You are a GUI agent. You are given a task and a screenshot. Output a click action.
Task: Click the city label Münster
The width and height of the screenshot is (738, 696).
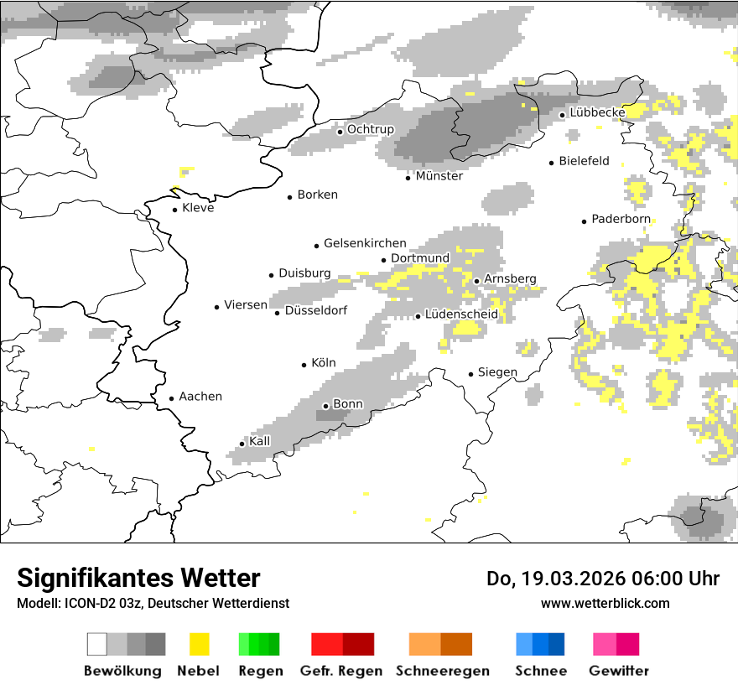439,176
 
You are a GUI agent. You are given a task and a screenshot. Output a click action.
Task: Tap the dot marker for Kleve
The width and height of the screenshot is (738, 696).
174,210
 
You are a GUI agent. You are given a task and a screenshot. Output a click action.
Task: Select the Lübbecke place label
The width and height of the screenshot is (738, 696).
597,112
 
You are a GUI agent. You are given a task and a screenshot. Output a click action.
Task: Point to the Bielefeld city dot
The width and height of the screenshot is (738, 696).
551,163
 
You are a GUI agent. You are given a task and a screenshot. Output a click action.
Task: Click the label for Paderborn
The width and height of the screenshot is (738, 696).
621,219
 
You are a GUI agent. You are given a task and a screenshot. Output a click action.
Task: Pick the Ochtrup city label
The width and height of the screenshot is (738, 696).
370,129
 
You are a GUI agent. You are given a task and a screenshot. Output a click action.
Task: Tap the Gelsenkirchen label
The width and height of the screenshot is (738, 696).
365,243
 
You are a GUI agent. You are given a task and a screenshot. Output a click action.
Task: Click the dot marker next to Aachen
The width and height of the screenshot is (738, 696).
171,399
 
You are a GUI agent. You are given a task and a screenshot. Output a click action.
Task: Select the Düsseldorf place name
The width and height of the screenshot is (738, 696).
316,310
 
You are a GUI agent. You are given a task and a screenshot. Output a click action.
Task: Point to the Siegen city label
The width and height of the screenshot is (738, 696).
497,372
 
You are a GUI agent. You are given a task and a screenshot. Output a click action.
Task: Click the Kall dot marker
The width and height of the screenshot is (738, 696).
242,444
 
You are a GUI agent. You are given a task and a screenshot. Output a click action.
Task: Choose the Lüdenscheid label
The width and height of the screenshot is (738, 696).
461,314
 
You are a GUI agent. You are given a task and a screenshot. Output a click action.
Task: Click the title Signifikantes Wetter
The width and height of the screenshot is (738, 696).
138,578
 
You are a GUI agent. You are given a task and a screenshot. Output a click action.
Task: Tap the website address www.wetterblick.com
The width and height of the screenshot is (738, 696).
605,603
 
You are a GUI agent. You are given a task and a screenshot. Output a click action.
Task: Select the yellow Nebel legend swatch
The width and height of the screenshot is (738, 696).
199,644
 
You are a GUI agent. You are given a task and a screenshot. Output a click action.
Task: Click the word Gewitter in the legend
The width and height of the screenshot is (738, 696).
618,671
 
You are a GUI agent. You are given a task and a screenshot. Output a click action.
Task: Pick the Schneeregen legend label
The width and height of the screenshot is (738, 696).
442,671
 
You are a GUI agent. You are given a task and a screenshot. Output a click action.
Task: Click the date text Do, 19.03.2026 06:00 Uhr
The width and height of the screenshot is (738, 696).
602,579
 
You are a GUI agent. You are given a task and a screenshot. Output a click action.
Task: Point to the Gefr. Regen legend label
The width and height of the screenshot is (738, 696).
340,671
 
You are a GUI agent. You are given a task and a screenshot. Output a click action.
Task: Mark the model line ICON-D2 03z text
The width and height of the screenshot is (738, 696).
153,603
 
